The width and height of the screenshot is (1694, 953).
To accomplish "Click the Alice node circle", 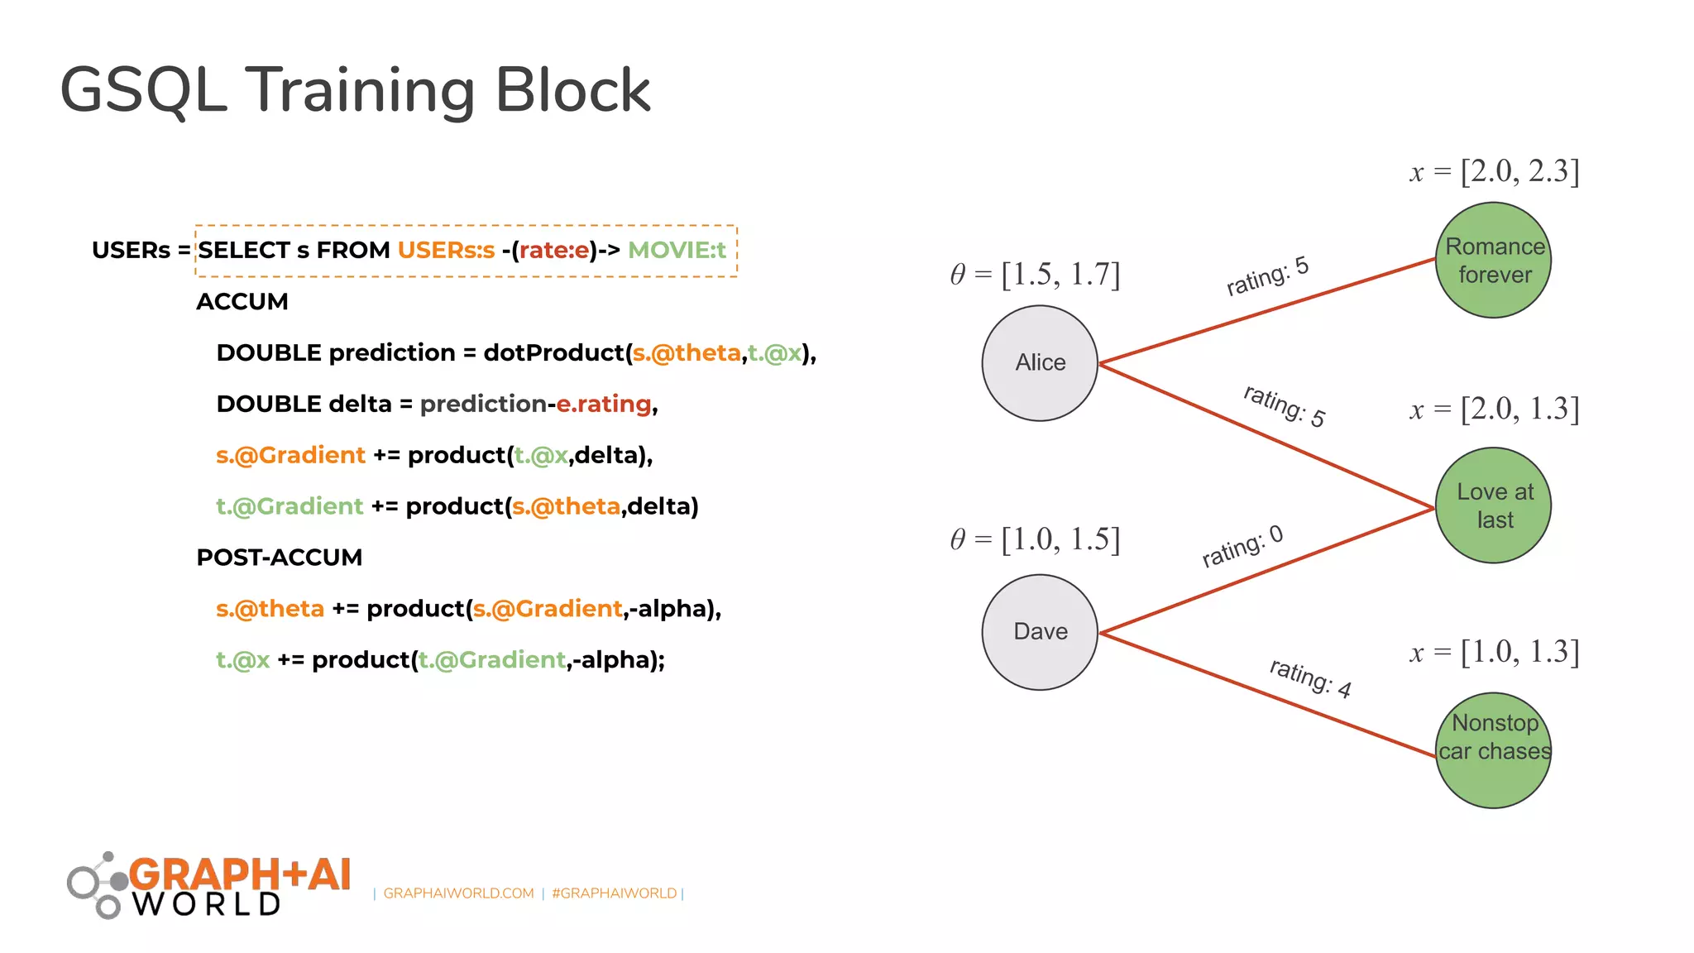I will (x=1040, y=363).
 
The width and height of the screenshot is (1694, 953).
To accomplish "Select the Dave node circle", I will (x=1040, y=632).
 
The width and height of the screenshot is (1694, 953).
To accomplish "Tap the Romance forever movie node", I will (x=1493, y=261).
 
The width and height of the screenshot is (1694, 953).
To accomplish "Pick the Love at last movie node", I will (x=1493, y=505).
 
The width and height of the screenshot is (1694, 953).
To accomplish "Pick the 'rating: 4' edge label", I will (x=1310, y=678).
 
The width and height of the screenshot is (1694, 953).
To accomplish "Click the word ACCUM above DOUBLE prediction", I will (x=242, y=302).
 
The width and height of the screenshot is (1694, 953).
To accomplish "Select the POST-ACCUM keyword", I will (x=280, y=558).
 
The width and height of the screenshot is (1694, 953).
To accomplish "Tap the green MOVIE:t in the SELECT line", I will (x=677, y=250).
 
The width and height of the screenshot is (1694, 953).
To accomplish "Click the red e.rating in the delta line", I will (x=604, y=404).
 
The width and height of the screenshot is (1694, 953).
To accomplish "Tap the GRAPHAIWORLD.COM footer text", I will (x=458, y=893).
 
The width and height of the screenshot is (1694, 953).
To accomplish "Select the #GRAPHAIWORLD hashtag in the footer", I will (x=614, y=893).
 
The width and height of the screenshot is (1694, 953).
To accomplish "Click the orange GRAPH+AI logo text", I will (x=240, y=874).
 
